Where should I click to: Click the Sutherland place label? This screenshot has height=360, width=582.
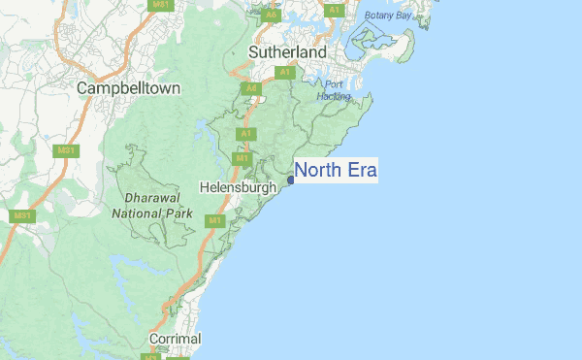(287, 50)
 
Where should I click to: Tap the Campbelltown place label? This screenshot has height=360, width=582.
(129, 87)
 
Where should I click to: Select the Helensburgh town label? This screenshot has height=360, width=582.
(238, 186)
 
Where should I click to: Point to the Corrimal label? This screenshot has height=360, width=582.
(175, 339)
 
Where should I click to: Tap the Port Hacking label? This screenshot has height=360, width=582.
(336, 90)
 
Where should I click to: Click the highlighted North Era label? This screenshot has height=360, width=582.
(336, 171)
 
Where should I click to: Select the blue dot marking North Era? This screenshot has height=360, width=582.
(291, 180)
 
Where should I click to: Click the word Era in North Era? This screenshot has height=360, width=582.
(358, 171)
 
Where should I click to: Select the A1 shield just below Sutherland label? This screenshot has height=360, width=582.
(285, 72)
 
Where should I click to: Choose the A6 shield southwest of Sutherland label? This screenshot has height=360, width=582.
(251, 88)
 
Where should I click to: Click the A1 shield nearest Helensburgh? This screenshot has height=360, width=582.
(245, 133)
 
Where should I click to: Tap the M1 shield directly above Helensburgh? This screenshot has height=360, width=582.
(242, 157)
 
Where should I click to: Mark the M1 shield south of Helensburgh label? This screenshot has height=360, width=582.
(213, 220)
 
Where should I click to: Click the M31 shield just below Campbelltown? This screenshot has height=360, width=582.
(66, 150)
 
